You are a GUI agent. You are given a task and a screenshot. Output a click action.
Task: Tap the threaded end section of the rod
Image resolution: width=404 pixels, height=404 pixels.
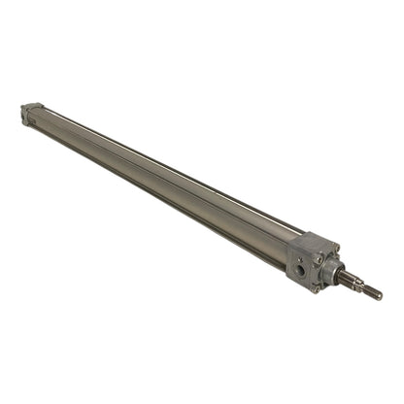tap(370, 290)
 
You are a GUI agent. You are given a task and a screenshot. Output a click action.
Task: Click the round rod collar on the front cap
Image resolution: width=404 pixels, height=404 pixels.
tap(333, 269)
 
